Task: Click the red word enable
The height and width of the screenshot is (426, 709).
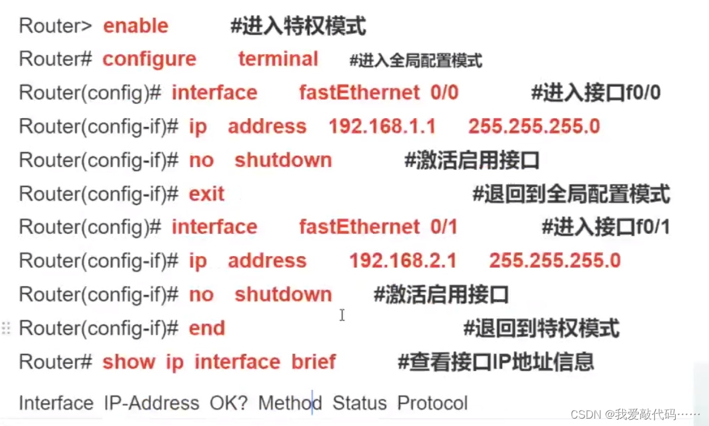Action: [x=135, y=26]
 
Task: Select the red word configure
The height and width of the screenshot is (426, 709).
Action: [x=149, y=59]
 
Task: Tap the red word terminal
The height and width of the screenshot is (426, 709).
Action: [x=278, y=59]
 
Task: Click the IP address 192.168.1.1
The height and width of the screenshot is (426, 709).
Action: [x=382, y=126]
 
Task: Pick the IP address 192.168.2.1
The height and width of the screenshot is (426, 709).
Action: [x=403, y=260]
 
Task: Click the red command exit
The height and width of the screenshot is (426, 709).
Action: [x=206, y=194]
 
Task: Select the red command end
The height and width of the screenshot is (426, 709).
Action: [x=206, y=328]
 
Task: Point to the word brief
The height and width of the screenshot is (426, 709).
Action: [x=313, y=361]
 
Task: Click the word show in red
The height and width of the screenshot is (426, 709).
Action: [x=129, y=361]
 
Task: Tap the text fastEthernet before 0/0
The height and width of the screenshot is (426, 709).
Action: [x=359, y=93]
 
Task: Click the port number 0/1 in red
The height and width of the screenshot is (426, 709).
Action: [x=444, y=227]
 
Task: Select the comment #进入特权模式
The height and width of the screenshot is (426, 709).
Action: [x=298, y=26]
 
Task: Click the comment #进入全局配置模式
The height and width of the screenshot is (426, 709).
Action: [x=415, y=60]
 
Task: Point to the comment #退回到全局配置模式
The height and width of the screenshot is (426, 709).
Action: [x=571, y=194]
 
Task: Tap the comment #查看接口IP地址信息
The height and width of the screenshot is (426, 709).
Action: [x=495, y=361]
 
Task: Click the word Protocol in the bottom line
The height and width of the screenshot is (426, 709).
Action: [x=432, y=403]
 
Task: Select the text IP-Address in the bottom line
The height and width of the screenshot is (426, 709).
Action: [x=151, y=403]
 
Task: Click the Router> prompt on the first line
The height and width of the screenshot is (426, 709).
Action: [x=55, y=26]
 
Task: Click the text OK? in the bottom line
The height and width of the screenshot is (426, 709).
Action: [x=228, y=403]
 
